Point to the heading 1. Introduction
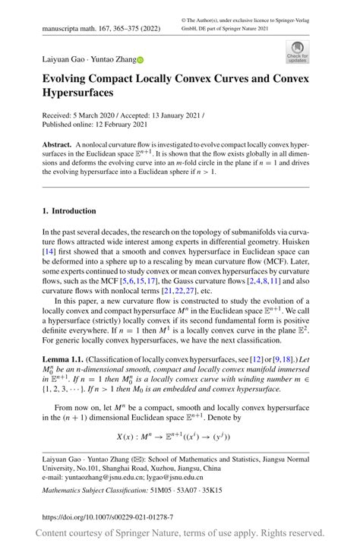[69, 210]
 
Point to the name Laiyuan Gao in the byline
[64, 58]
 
